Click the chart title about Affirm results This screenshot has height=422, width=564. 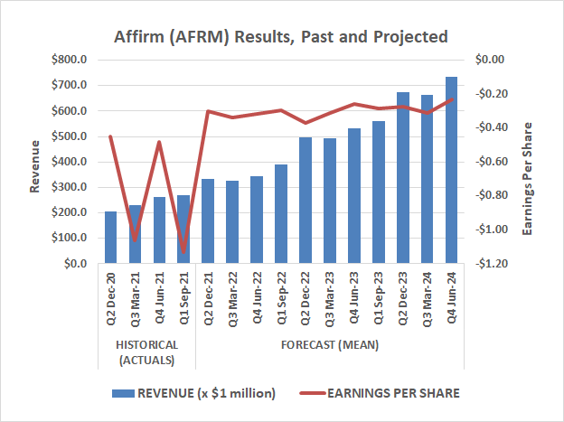(x=281, y=37)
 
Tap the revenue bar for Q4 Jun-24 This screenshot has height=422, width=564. (x=451, y=171)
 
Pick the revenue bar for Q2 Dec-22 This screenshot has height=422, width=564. (x=305, y=201)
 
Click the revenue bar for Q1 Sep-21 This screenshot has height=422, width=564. (x=183, y=230)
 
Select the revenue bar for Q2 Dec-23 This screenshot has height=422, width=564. (x=403, y=178)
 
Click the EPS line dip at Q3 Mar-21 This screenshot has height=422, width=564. (x=136, y=240)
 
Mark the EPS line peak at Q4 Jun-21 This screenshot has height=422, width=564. (x=159, y=142)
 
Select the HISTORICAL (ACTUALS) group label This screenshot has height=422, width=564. (x=146, y=352)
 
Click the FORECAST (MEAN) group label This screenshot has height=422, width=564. (x=329, y=345)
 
